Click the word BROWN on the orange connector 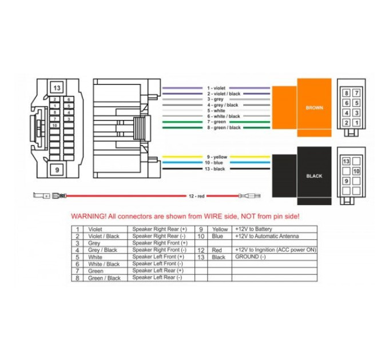tap(314, 108)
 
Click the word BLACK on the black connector tap(314, 176)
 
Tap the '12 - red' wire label tap(196, 196)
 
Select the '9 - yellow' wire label tap(217, 157)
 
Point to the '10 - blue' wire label tap(214, 163)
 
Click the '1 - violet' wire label tap(216, 88)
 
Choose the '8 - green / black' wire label tap(224, 127)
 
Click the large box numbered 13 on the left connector tap(57, 87)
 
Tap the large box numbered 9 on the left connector tap(57, 170)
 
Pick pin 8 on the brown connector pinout tap(346, 93)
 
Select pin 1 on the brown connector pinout tap(356, 123)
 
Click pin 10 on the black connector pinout tap(356, 171)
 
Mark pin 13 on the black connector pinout tap(346, 162)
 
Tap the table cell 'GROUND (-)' tap(251, 257)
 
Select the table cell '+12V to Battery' tap(253, 229)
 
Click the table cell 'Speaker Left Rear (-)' tap(157, 278)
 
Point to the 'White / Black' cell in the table tap(104, 264)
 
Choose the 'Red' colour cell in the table tap(217, 250)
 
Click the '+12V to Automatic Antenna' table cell tap(267, 236)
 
